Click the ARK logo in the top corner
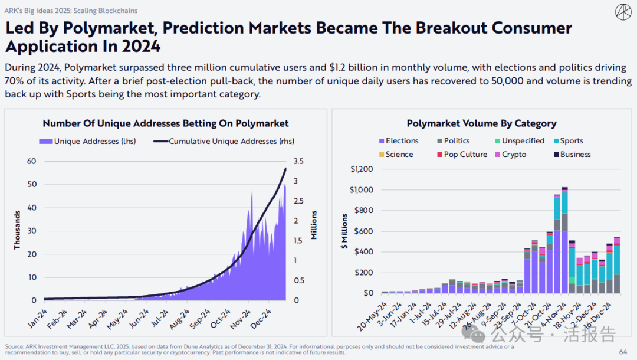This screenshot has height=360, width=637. [623, 12]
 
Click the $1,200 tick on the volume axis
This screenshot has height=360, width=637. [361, 169]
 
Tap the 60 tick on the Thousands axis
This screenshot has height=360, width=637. [31, 161]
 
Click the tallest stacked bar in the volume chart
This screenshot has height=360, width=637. [564, 242]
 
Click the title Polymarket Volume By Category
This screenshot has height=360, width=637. [481, 123]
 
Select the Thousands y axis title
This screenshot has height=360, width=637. [17, 231]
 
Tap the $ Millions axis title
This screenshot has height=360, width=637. [344, 231]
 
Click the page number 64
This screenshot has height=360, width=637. [623, 352]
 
